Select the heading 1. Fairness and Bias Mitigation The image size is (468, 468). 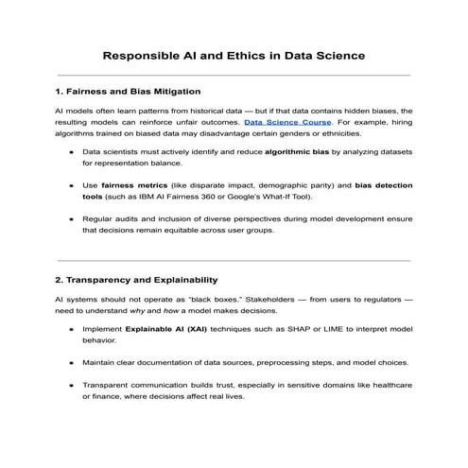tap(128, 92)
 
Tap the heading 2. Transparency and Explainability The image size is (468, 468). tap(136, 280)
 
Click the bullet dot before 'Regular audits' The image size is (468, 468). tap(73, 218)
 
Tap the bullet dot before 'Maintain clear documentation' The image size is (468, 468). tap(73, 362)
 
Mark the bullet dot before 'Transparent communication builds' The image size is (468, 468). tap(73, 386)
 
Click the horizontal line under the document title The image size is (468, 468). tap(234, 75)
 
